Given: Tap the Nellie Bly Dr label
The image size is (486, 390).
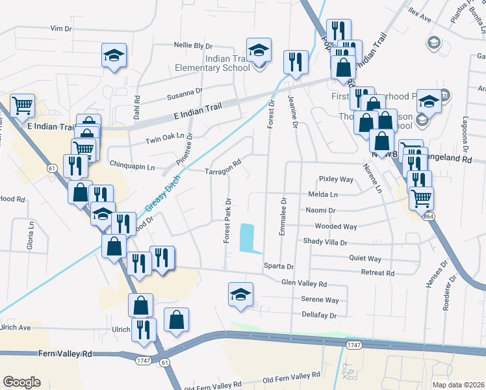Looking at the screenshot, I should (x=194, y=45).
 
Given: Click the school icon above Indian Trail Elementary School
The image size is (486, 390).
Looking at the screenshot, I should (x=259, y=50).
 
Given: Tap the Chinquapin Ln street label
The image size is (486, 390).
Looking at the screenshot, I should (x=133, y=166).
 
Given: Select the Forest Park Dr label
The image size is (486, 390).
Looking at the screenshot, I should (x=227, y=220).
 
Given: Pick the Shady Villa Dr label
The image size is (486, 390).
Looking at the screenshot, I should (x=325, y=242).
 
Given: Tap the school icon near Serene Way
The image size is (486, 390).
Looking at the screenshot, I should (x=240, y=294).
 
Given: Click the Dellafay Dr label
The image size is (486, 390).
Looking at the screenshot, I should (x=318, y=315).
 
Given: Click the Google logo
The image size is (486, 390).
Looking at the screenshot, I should (x=22, y=382).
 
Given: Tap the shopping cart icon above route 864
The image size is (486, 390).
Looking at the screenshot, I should (x=422, y=197).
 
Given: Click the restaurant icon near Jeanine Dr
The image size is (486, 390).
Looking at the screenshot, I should (x=296, y=62).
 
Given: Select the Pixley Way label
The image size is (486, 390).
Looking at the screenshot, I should (x=336, y=179).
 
